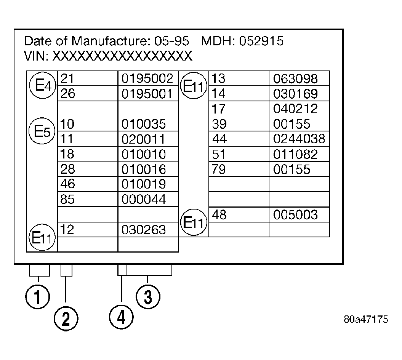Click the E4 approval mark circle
(x=43, y=85)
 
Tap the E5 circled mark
(x=42, y=131)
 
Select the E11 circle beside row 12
(x=42, y=237)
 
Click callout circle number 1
(x=37, y=297)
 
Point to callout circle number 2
(x=66, y=319)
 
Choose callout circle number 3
(x=148, y=297)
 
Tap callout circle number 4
(x=121, y=317)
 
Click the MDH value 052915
(x=261, y=41)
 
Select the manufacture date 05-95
(x=171, y=41)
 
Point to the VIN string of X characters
(x=122, y=56)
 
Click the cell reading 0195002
(x=148, y=78)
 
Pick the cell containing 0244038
(x=299, y=139)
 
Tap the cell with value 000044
(x=148, y=199)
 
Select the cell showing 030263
(x=148, y=229)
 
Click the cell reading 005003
(x=299, y=214)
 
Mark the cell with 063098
(x=299, y=78)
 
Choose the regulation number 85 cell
(x=88, y=199)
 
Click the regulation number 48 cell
(x=239, y=214)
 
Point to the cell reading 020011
(x=148, y=139)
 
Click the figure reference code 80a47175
(x=366, y=319)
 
